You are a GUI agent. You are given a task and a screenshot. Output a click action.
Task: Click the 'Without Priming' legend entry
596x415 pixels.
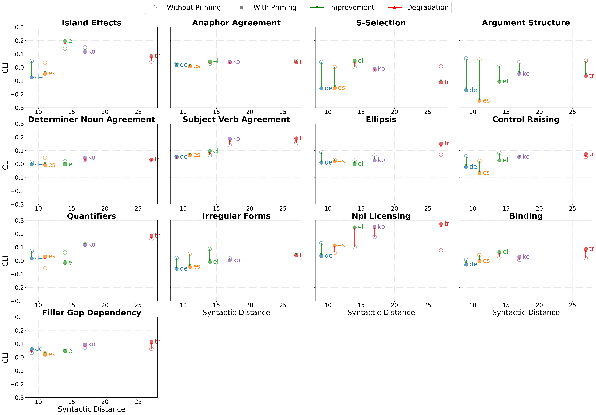tap(193, 8)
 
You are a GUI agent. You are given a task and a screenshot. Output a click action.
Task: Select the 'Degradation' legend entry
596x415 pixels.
tap(427, 8)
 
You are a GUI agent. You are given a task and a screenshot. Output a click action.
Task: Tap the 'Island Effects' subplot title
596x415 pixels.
tap(91, 23)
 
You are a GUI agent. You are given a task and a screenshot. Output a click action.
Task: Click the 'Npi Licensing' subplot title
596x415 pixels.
tap(381, 216)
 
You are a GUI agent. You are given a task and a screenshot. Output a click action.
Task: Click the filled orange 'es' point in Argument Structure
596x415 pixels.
tap(479, 101)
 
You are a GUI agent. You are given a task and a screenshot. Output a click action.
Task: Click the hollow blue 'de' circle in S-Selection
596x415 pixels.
tap(321, 62)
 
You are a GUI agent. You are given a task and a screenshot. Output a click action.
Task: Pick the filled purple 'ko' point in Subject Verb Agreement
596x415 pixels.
tap(229, 139)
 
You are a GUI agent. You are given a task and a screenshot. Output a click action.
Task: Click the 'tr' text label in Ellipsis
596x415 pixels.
tap(446, 143)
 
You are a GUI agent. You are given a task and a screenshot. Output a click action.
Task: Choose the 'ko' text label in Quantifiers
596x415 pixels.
tap(92, 245)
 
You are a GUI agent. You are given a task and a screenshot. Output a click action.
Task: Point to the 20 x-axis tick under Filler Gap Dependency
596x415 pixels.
tap(105, 402)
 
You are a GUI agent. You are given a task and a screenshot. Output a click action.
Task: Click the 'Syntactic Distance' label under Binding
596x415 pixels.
tap(526, 313)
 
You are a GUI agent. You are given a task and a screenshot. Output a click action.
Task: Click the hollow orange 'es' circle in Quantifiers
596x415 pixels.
tap(45, 268)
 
